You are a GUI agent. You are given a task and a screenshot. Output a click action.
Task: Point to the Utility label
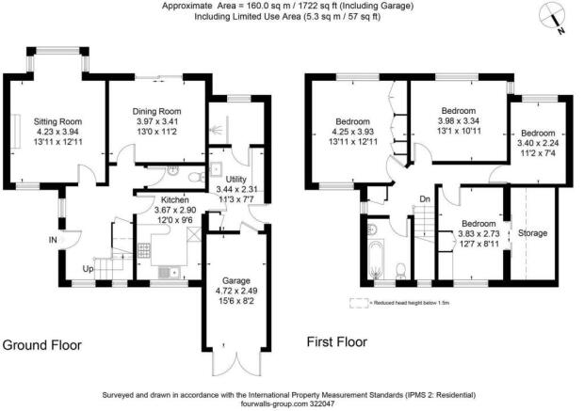pos(236,179)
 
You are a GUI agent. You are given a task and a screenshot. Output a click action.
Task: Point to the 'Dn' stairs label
pos(425,198)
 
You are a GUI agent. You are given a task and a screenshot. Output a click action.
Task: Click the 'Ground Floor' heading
pos(41,345)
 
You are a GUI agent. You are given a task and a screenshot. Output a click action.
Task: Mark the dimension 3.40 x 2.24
pos(540,144)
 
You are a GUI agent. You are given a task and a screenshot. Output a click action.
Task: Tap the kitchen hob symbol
pos(146,251)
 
